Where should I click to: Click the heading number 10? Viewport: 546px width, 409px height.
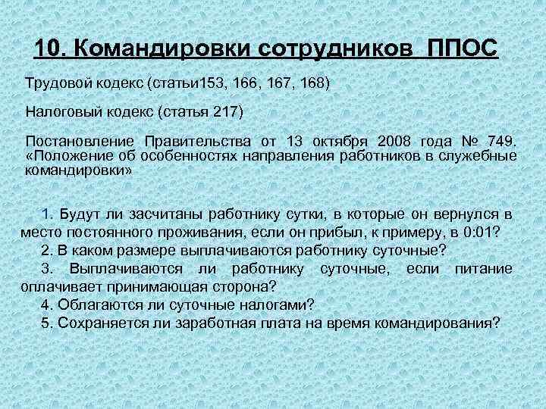click(51, 49)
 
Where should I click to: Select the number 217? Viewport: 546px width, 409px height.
click(225, 111)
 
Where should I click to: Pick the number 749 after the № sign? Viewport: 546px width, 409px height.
click(500, 142)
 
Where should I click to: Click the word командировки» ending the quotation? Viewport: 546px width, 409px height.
click(80, 170)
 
